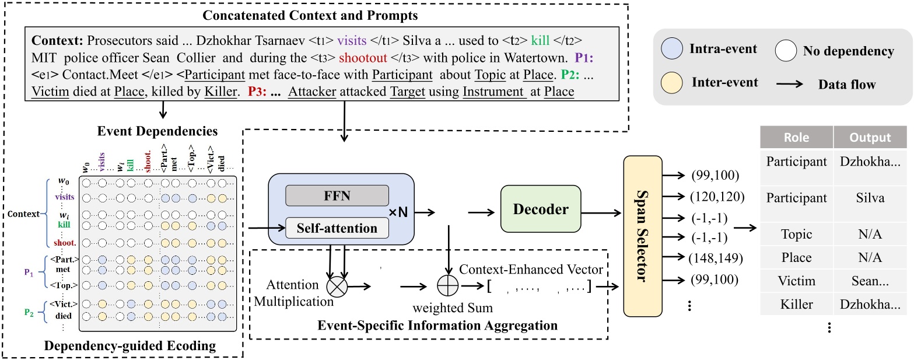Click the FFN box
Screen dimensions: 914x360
[x=337, y=195]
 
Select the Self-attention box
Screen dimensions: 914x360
[x=337, y=228]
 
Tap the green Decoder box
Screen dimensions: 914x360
[x=541, y=209]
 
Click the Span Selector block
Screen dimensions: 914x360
[x=643, y=236]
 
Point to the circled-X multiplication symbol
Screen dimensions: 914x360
[x=337, y=286]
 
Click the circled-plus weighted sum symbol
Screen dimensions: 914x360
[x=448, y=285]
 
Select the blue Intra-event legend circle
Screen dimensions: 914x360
[x=672, y=48]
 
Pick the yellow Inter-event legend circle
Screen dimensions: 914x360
[x=672, y=82]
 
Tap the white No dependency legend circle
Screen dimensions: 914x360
[x=786, y=51]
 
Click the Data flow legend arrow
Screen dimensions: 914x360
[x=790, y=85]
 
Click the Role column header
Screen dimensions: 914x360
[x=797, y=137]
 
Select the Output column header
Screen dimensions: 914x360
[x=870, y=137]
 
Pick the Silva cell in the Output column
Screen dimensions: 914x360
[x=870, y=198]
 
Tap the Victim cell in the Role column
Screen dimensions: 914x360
[x=797, y=281]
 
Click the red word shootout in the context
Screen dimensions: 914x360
[x=363, y=58]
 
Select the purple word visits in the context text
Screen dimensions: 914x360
[x=352, y=40]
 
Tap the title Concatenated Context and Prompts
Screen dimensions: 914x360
[x=310, y=15]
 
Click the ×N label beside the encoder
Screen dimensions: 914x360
[x=398, y=212]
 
